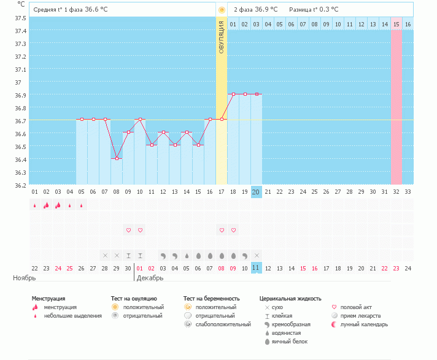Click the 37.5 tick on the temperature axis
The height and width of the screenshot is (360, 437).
coord(20,18)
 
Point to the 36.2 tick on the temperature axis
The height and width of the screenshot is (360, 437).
coord(20,185)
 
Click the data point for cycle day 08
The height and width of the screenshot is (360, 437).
coord(117,158)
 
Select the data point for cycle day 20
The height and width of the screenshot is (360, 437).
coord(257,94)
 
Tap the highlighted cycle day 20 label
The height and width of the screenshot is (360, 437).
coord(257,192)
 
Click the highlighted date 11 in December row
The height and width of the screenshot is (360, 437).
coord(257,268)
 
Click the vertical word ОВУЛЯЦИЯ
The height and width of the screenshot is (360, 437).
coord(222,36)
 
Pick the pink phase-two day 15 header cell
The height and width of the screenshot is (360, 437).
coord(396,24)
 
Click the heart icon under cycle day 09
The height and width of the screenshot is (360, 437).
coord(128,230)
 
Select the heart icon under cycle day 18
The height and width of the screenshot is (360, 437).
coord(233,230)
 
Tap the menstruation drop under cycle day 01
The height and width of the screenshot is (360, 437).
coord(34,205)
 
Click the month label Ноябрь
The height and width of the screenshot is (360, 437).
coord(25,278)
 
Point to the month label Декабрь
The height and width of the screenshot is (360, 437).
coord(150,278)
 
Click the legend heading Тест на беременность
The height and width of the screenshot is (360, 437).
coord(210,299)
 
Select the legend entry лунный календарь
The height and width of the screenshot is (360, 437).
coord(362,324)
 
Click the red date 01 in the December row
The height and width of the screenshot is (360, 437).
coord(140,268)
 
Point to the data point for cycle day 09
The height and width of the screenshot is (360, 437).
coord(128,132)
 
